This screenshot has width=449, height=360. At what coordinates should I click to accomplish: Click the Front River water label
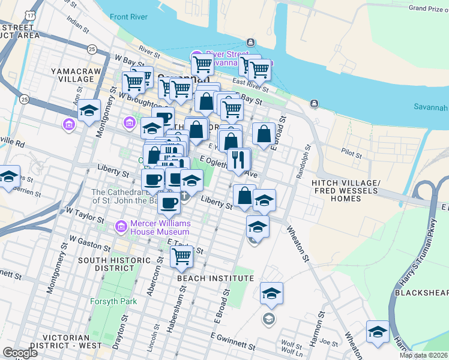[128, 17]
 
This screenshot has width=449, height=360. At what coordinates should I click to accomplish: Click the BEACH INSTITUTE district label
[215, 279]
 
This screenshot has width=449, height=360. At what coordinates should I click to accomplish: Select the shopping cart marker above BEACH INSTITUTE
[181, 257]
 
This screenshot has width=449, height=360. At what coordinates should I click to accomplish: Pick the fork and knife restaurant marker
[239, 160]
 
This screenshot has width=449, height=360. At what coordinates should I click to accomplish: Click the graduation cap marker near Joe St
[378, 332]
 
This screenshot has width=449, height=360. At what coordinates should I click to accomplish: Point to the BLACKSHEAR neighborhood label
[421, 293]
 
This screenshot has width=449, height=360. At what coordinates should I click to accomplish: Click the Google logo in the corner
[19, 353]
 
